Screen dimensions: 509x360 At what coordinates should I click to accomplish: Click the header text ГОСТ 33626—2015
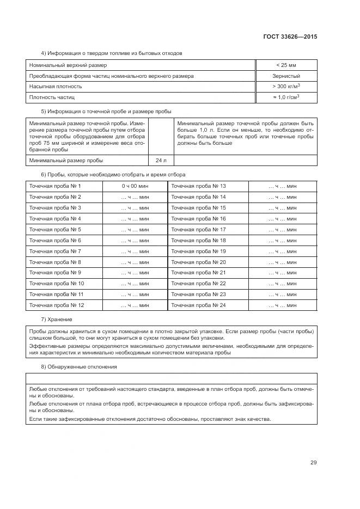click(291, 36)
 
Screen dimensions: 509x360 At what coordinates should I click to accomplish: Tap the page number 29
click(314, 463)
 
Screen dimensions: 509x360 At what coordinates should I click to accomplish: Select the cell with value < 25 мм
click(286, 65)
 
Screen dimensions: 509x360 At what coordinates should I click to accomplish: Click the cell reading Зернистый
click(286, 76)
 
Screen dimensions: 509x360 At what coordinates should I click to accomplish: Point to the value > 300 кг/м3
click(286, 87)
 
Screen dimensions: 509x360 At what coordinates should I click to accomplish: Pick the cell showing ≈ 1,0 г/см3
click(286, 97)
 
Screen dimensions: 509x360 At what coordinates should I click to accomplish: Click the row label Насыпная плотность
click(56, 87)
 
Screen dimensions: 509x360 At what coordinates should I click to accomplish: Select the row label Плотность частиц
click(52, 97)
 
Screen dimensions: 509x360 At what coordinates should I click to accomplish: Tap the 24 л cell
click(161, 161)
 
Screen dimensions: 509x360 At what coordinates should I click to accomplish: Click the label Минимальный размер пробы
click(66, 161)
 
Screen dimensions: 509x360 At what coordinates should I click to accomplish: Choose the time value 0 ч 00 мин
click(135, 186)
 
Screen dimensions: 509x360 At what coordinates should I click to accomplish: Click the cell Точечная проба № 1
click(55, 186)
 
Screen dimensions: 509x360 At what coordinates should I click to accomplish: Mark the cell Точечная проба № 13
click(198, 186)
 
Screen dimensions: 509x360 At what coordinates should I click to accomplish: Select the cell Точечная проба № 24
click(198, 305)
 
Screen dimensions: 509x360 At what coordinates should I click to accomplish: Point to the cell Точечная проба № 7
click(55, 251)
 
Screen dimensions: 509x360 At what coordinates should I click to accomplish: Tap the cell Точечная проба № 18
click(198, 240)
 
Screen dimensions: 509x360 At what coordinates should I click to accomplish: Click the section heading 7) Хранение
click(57, 319)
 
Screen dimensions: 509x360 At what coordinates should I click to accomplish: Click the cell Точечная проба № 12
click(57, 305)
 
